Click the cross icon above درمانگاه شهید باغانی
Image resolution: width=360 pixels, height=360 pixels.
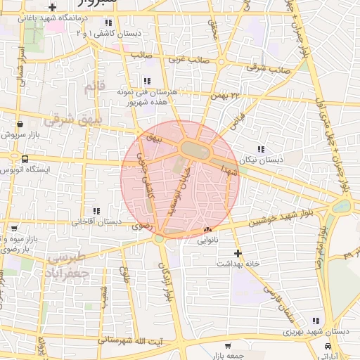[52, 7]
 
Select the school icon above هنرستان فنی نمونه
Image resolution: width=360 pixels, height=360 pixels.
[147, 81]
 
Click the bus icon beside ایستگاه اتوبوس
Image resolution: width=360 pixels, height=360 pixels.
[25, 159]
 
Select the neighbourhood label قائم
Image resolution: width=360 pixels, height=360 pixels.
[94, 88]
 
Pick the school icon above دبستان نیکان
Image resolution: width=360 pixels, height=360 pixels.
[261, 149]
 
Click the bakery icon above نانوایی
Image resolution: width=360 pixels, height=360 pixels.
[207, 230]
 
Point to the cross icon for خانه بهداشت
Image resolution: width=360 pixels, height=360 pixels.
[238, 252]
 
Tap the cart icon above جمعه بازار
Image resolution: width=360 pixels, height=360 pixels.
[228, 346]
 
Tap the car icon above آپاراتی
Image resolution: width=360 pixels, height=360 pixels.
[328, 347]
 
